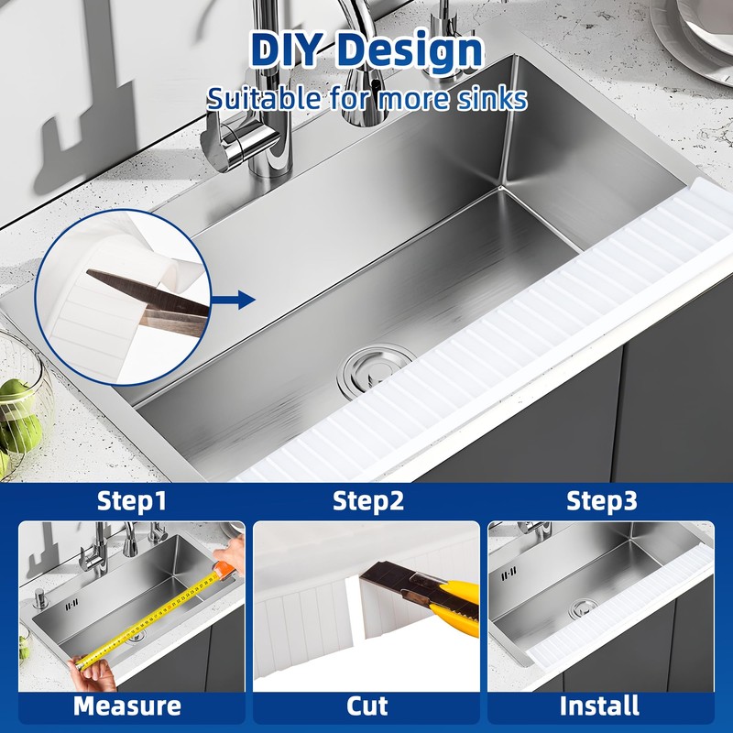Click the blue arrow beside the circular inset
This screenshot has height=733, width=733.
(x=238, y=299)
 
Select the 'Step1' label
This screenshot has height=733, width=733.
(x=132, y=501)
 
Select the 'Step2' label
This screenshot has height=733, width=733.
(x=366, y=501)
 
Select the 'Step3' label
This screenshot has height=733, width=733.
(x=601, y=501)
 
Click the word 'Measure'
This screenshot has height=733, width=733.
(x=127, y=706)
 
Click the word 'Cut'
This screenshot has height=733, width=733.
(x=366, y=706)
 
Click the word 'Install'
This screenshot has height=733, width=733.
(x=600, y=706)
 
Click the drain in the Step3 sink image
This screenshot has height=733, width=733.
(x=581, y=607)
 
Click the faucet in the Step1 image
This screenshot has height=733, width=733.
(x=97, y=550)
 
